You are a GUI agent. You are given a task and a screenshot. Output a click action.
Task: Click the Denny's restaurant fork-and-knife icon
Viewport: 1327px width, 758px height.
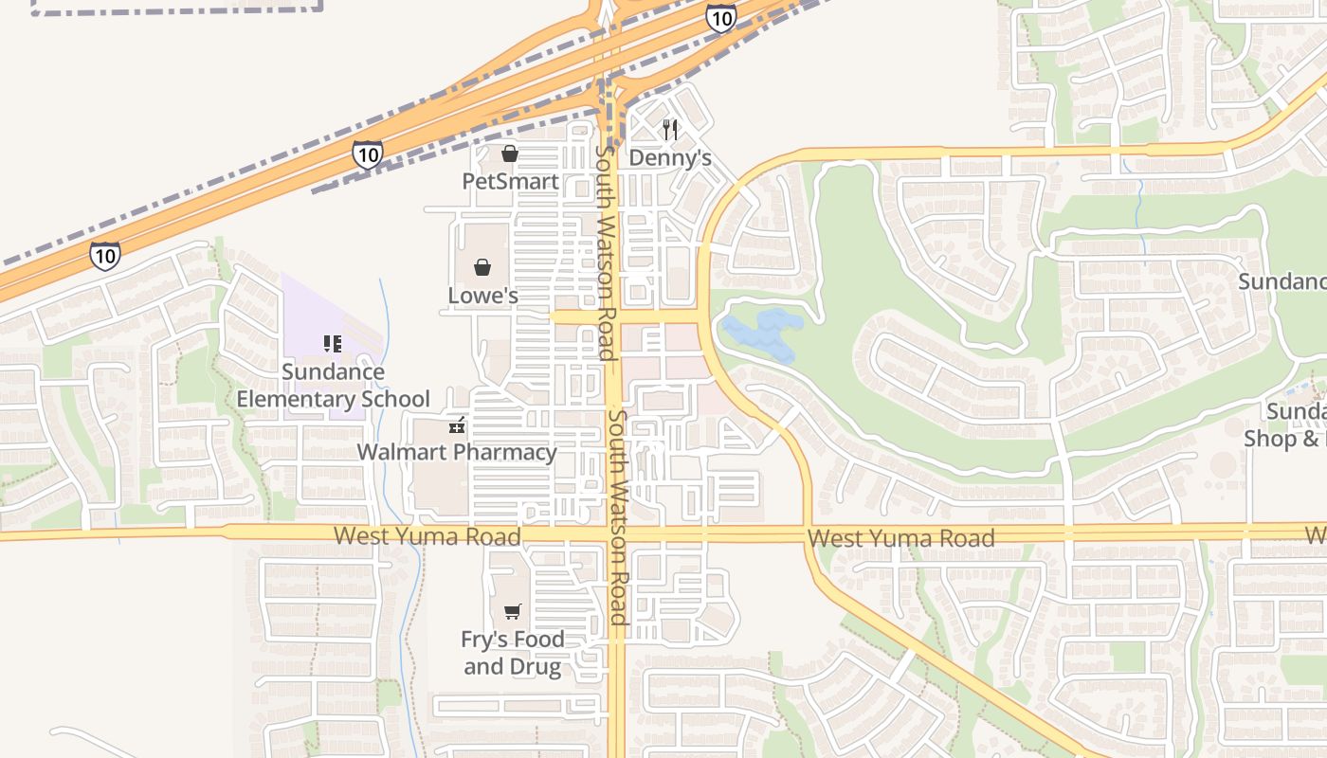[x=670, y=129]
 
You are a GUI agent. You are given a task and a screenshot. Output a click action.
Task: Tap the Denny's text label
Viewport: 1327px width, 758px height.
[x=670, y=157]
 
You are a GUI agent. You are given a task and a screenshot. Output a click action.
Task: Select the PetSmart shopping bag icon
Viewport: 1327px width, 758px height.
[x=510, y=153]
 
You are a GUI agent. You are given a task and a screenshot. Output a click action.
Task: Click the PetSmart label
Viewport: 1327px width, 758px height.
[x=510, y=180]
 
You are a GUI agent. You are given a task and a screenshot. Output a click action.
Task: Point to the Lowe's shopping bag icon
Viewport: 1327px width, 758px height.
[x=482, y=267]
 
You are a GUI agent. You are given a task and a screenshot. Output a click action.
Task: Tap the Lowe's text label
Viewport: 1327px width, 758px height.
[x=482, y=296]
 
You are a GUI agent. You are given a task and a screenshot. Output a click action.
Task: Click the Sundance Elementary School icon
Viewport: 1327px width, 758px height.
[x=333, y=343]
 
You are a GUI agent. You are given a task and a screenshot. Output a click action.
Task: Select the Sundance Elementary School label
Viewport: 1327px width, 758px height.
[x=333, y=385]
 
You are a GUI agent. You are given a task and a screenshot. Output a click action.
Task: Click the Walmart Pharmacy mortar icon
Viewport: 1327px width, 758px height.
[x=457, y=424]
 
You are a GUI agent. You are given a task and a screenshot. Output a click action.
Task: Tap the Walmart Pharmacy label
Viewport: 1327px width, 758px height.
[x=457, y=452]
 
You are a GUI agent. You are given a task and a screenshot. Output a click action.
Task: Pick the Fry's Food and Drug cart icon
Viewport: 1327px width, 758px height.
[x=513, y=611]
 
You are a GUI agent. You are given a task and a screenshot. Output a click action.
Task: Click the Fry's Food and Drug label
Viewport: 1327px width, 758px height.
[x=513, y=653]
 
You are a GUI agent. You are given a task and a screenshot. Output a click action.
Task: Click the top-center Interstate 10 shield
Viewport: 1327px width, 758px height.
[x=721, y=17]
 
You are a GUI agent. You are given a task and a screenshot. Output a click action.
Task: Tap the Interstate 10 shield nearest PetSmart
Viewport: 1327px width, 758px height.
[x=367, y=154]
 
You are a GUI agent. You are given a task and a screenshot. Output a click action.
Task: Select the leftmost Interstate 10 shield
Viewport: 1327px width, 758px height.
[x=105, y=255]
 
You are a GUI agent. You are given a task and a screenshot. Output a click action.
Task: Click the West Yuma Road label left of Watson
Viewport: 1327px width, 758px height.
[x=427, y=536]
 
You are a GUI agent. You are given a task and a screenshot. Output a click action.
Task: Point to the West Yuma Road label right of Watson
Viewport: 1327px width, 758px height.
[x=900, y=538]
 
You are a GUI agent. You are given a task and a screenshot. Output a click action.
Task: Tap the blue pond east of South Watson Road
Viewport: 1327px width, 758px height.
[x=764, y=334]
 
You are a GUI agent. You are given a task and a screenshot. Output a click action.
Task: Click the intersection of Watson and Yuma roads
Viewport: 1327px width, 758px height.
[x=614, y=534]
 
